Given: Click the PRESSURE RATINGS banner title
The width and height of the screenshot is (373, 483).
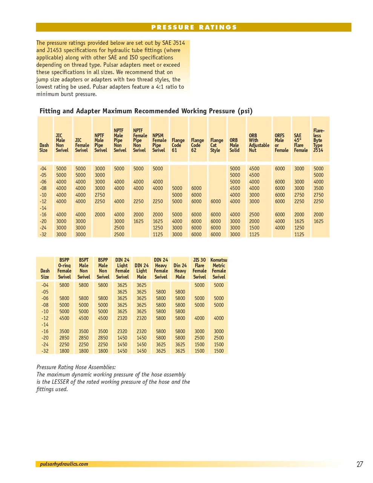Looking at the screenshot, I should [194, 27].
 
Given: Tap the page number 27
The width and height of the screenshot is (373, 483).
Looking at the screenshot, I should [359, 464].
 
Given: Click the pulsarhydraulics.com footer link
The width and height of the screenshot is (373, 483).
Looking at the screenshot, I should [64, 464].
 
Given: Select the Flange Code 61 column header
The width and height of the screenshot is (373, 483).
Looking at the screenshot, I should [178, 145].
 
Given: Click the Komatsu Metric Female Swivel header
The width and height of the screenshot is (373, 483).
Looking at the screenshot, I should [219, 268].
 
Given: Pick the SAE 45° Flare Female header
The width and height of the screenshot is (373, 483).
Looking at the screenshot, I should [301, 143].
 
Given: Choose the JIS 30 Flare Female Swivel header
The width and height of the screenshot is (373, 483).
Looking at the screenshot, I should [200, 268].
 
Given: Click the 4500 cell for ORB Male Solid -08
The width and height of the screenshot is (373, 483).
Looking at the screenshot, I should [235, 188].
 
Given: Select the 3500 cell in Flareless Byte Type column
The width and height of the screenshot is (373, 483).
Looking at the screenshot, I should [318, 188].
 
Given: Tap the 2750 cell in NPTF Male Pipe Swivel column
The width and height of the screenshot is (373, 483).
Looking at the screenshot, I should [100, 195].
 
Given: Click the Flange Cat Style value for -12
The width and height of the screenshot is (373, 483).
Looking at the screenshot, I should [215, 202].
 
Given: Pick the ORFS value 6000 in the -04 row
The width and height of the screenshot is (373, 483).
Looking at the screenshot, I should [280, 169].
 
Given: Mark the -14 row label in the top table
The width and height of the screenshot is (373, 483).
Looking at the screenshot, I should [43, 208].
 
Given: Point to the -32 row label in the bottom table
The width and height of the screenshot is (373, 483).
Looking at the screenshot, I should [45, 351].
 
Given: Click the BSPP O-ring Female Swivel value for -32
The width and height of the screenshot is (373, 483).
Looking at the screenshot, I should [64, 351].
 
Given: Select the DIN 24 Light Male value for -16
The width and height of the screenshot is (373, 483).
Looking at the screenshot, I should [141, 331].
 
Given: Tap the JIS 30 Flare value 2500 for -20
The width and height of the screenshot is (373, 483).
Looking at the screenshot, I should [199, 338].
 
